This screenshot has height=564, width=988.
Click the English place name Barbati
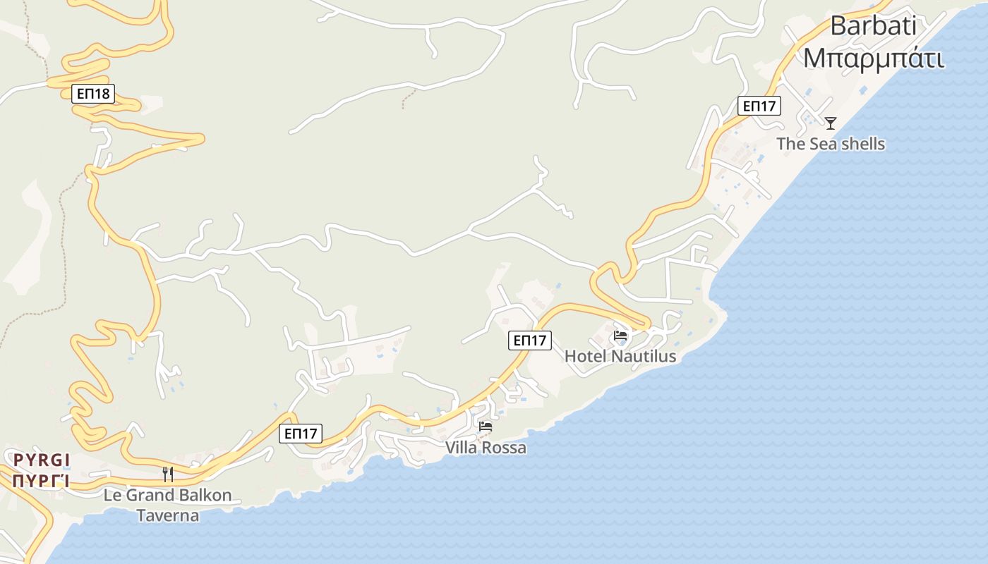point(873,25)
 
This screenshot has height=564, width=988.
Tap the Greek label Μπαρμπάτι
point(874,59)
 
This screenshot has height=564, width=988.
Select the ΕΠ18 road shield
point(93,93)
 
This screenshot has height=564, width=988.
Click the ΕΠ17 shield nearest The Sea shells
point(759,106)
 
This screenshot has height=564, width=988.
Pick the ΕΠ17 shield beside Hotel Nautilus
point(530,341)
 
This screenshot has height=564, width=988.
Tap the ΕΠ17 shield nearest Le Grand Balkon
point(301,434)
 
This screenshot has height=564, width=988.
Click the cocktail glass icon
point(831,123)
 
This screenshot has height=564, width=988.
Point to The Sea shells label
point(831,144)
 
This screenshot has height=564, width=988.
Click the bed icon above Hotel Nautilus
point(620,336)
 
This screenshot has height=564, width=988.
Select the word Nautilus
point(643,357)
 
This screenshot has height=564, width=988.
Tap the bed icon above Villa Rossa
point(486,427)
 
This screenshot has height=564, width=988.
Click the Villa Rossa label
point(486,448)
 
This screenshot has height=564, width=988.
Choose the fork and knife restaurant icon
point(168,474)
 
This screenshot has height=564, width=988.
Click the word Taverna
point(168,516)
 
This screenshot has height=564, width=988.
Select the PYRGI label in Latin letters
point(42,460)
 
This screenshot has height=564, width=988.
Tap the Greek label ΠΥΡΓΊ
point(42,482)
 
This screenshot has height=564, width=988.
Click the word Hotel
point(586,357)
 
